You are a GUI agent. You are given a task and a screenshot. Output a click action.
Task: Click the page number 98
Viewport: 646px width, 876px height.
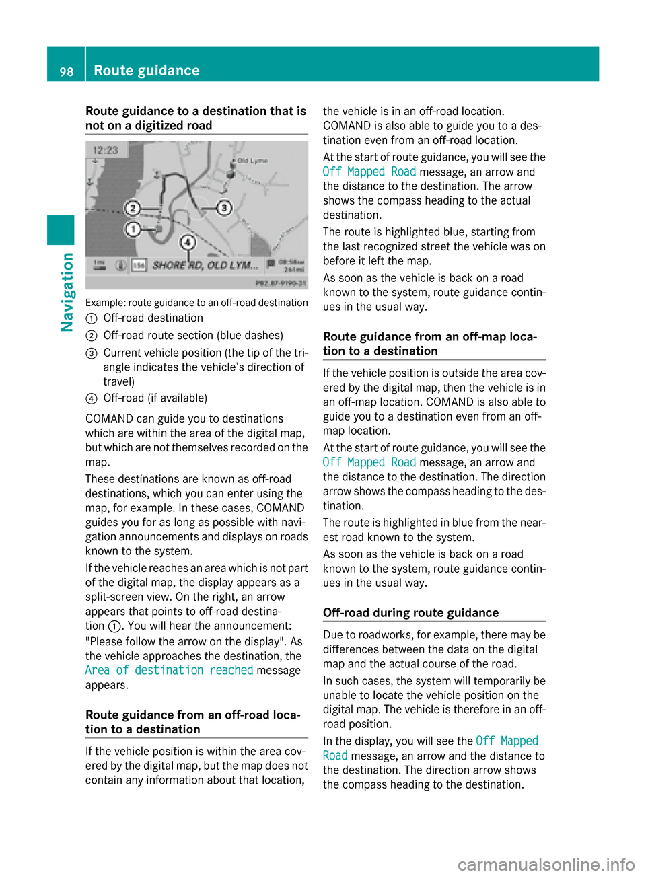tap(67, 71)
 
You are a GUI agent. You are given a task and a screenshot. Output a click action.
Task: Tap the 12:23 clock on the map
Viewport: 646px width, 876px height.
tap(106, 150)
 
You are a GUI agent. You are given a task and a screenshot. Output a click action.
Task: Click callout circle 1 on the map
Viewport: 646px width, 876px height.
tap(133, 229)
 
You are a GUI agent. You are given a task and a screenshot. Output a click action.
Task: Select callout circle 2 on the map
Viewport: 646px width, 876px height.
tap(133, 208)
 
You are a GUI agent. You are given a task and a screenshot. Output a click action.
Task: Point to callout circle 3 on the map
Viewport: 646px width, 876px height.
tap(224, 208)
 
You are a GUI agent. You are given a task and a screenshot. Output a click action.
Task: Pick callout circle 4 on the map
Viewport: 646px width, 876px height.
tap(188, 242)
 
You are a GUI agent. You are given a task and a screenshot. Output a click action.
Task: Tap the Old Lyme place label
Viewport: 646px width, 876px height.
tap(252, 161)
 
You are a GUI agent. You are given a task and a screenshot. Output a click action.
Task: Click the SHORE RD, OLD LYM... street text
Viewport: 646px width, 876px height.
tap(205, 265)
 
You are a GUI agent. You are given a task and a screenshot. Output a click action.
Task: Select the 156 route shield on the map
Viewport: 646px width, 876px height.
tap(139, 266)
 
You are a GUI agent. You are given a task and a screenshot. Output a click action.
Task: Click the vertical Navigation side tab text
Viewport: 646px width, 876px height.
tap(67, 292)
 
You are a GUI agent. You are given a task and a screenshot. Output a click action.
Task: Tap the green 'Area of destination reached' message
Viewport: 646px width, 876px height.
tap(169, 670)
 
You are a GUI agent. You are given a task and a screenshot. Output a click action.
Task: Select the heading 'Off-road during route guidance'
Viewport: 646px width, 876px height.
tap(410, 612)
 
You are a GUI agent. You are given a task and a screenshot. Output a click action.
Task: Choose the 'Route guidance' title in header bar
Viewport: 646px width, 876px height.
tap(147, 71)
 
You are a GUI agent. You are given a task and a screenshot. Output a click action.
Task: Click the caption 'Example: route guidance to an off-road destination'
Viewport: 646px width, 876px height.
tap(196, 303)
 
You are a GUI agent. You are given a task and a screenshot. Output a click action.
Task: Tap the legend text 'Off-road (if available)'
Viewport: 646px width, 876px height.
tap(155, 398)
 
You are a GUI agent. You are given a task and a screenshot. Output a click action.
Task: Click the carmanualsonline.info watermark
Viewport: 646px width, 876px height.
tap(546, 864)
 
